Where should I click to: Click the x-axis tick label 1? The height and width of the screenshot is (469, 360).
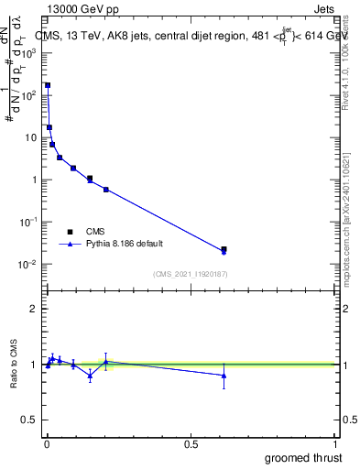pyautogui.click(x=336, y=443)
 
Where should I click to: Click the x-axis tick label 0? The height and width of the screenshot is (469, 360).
pyautogui.click(x=48, y=443)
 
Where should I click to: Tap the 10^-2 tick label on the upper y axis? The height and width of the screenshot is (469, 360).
pyautogui.click(x=27, y=265)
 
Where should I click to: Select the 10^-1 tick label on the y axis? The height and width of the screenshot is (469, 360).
pyautogui.click(x=27, y=223)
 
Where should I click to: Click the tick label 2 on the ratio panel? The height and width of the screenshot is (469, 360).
pyautogui.click(x=33, y=309)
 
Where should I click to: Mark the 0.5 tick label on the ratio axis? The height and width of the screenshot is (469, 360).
pyautogui.click(x=29, y=421)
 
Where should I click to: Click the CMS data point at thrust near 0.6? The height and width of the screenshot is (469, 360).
pyautogui.click(x=224, y=249)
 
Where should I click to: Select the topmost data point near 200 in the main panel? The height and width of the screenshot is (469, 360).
pyautogui.click(x=48, y=85)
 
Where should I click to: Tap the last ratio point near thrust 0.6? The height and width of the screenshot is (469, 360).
pyautogui.click(x=224, y=376)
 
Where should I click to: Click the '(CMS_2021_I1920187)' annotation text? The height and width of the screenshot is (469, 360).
pyautogui.click(x=191, y=273)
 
